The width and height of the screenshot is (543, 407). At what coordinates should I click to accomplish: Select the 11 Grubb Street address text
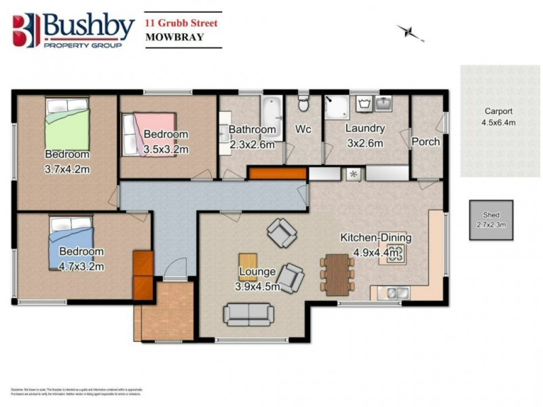pyautogui.click(x=183, y=22)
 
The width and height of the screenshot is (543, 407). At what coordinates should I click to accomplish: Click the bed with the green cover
pyautogui.click(x=67, y=121)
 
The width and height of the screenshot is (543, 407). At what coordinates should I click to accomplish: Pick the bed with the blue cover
pyautogui.click(x=70, y=241)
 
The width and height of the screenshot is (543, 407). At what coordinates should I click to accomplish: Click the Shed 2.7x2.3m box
pyautogui.click(x=491, y=219)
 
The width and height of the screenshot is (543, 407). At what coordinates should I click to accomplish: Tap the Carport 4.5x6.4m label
pyautogui.click(x=498, y=117)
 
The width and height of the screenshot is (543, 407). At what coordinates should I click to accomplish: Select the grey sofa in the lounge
pyautogui.click(x=250, y=313)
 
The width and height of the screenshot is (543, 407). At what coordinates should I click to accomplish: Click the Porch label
pyautogui.click(x=426, y=142)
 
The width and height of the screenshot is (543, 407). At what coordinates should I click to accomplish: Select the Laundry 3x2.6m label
pyautogui.click(x=364, y=135)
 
